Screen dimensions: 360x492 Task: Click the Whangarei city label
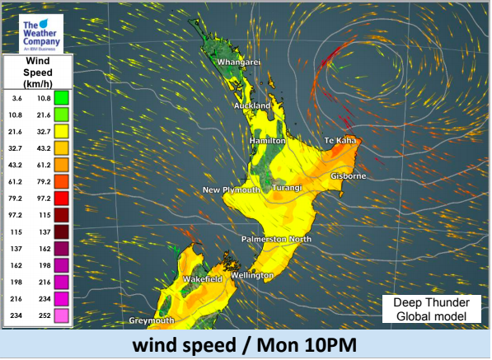(x=239, y=62)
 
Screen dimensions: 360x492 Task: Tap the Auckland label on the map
(x=251, y=106)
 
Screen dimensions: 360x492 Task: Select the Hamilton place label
(x=268, y=142)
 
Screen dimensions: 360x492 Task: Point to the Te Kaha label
(x=340, y=142)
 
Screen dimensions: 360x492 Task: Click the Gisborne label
(x=348, y=176)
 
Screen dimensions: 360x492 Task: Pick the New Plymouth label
(x=232, y=190)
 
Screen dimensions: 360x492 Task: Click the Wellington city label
(x=252, y=274)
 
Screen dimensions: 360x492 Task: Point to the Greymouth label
(x=152, y=320)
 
